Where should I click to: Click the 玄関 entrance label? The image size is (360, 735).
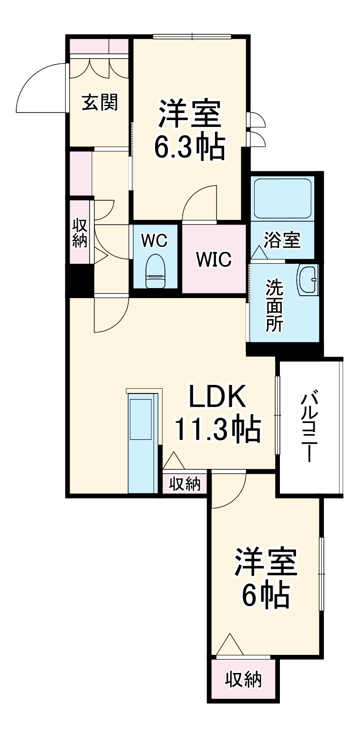pyautogui.click(x=100, y=103)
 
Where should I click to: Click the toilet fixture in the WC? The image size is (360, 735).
pyautogui.click(x=154, y=271)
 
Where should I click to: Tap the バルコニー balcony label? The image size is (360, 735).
pyautogui.click(x=309, y=427)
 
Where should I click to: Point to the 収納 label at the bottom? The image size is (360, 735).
pyautogui.click(x=243, y=679)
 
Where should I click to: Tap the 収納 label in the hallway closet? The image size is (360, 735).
pyautogui.click(x=80, y=233)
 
